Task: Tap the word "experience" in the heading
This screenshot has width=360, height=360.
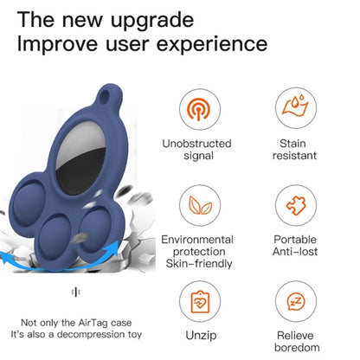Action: pos(212,45)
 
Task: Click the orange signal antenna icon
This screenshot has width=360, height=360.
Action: pos(198,109)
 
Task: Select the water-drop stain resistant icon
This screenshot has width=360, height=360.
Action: pos(295,106)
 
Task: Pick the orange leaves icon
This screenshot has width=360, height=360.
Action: pos(200,205)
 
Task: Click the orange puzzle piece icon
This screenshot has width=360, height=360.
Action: pos(296,205)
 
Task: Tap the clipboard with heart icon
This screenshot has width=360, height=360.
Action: pos(200,301)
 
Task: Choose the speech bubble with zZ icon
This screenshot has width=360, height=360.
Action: pos(296,302)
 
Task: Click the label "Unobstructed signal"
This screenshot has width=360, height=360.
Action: pos(197,150)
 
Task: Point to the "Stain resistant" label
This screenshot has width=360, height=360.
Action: pos(294,150)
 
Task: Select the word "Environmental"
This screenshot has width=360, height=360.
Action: pos(197,240)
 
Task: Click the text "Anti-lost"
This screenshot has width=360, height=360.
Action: pos(295,252)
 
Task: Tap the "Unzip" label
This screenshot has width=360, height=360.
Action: pos(201,336)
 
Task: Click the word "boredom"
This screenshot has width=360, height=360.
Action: pos(297,348)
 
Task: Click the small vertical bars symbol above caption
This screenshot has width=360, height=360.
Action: pos(76,292)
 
